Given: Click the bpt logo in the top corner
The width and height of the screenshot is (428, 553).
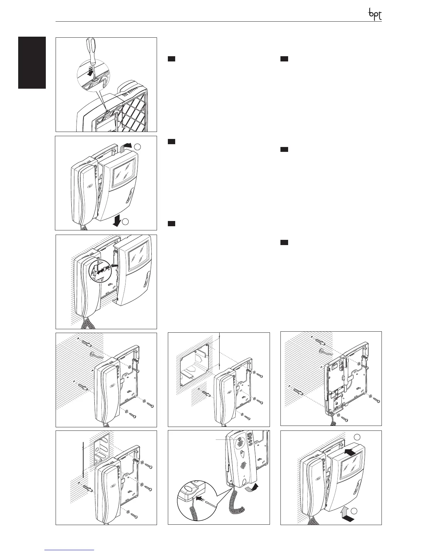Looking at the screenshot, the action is click(375, 14).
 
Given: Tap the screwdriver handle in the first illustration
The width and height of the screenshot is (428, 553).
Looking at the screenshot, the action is click(91, 46).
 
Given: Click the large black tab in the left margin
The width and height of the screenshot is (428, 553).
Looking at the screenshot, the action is click(32, 62).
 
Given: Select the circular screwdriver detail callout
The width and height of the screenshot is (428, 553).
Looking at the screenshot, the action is click(94, 78).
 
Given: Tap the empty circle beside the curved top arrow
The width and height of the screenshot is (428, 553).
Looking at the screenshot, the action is click(137, 147).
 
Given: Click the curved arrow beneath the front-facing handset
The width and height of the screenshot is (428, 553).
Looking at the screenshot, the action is click(251, 487).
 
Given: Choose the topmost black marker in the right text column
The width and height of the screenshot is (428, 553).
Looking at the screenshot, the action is click(284, 59).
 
